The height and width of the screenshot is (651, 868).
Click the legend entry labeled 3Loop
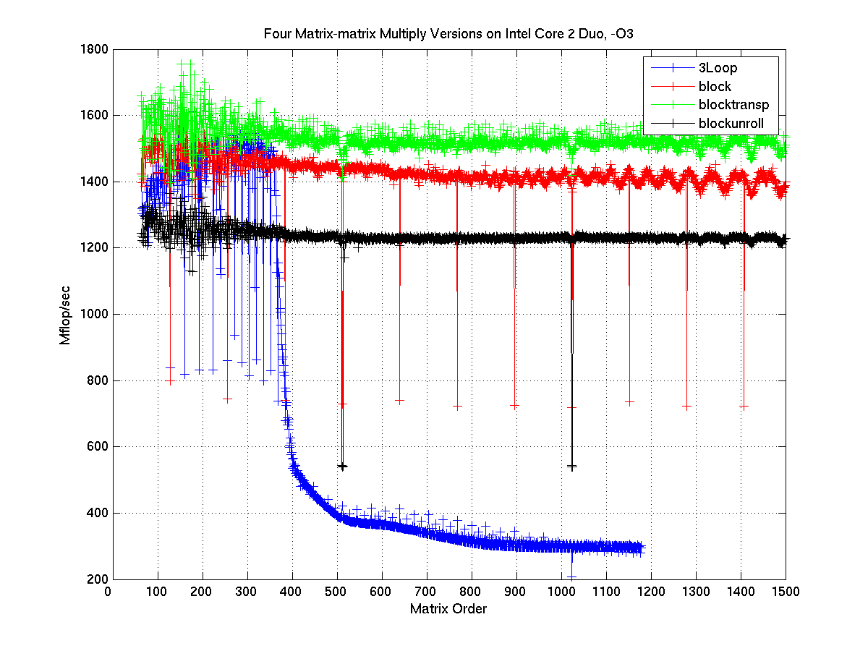717,69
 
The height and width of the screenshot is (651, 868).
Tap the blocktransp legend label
733,105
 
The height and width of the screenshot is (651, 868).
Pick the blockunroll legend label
731,124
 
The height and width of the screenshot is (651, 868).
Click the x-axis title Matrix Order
448,609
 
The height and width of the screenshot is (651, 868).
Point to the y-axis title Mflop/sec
66,315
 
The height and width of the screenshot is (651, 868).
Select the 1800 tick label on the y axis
94,49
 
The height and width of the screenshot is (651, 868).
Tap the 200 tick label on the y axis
98,579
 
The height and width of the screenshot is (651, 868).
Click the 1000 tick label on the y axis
94,315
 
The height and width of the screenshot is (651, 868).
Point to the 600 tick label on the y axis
98,447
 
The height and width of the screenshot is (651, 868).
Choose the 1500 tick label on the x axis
786,591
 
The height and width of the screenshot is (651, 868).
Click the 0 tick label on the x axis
109,591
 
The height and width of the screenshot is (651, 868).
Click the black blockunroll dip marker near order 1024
571,467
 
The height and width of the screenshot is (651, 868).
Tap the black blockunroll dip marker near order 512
341,467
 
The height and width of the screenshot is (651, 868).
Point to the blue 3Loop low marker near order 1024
571,577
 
